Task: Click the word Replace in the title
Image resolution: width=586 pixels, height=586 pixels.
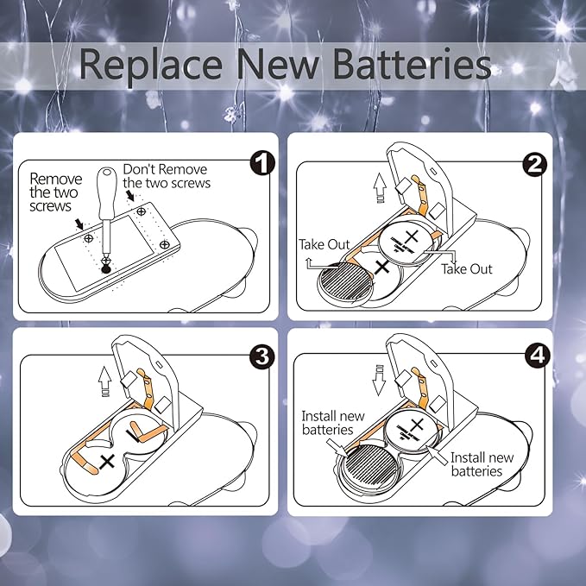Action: pyautogui.click(x=144, y=66)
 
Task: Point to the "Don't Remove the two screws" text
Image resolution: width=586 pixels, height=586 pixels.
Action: pyautogui.click(x=167, y=175)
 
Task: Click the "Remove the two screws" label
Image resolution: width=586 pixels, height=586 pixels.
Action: pyautogui.click(x=55, y=192)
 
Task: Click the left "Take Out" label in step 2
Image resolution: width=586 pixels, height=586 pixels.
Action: pyautogui.click(x=325, y=244)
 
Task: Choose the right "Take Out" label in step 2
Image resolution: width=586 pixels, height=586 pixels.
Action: pyautogui.click(x=467, y=268)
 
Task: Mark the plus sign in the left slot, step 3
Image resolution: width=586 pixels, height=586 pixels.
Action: pyautogui.click(x=107, y=462)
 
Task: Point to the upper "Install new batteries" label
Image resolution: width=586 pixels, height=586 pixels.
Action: pyautogui.click(x=328, y=422)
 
